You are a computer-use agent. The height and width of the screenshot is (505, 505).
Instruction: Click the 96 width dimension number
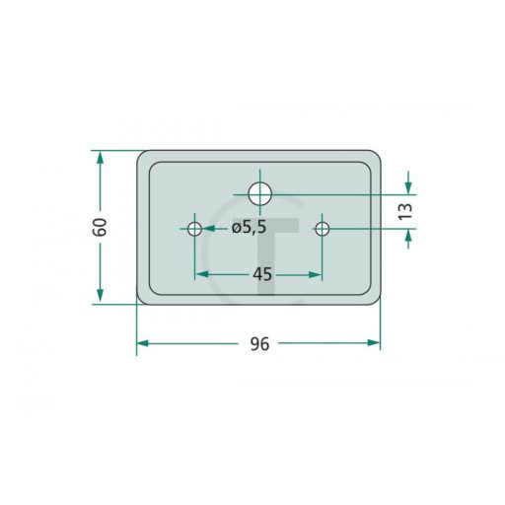tap(259, 344)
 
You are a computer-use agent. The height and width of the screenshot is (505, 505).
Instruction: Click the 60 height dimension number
tap(100, 227)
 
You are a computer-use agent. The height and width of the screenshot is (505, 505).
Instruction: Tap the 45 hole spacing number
tap(262, 274)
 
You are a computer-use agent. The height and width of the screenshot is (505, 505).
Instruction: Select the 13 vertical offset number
tap(405, 211)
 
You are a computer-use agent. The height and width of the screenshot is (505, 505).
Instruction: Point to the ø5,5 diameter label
tap(249, 227)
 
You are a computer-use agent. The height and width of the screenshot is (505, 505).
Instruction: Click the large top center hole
tap(260, 194)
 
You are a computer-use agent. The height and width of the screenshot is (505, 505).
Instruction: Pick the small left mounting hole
tap(194, 229)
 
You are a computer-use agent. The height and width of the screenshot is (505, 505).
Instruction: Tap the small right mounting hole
tap(323, 229)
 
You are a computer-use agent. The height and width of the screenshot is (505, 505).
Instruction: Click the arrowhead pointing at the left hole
tap(208, 228)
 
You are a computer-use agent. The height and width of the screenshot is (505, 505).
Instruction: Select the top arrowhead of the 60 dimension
tap(101, 158)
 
